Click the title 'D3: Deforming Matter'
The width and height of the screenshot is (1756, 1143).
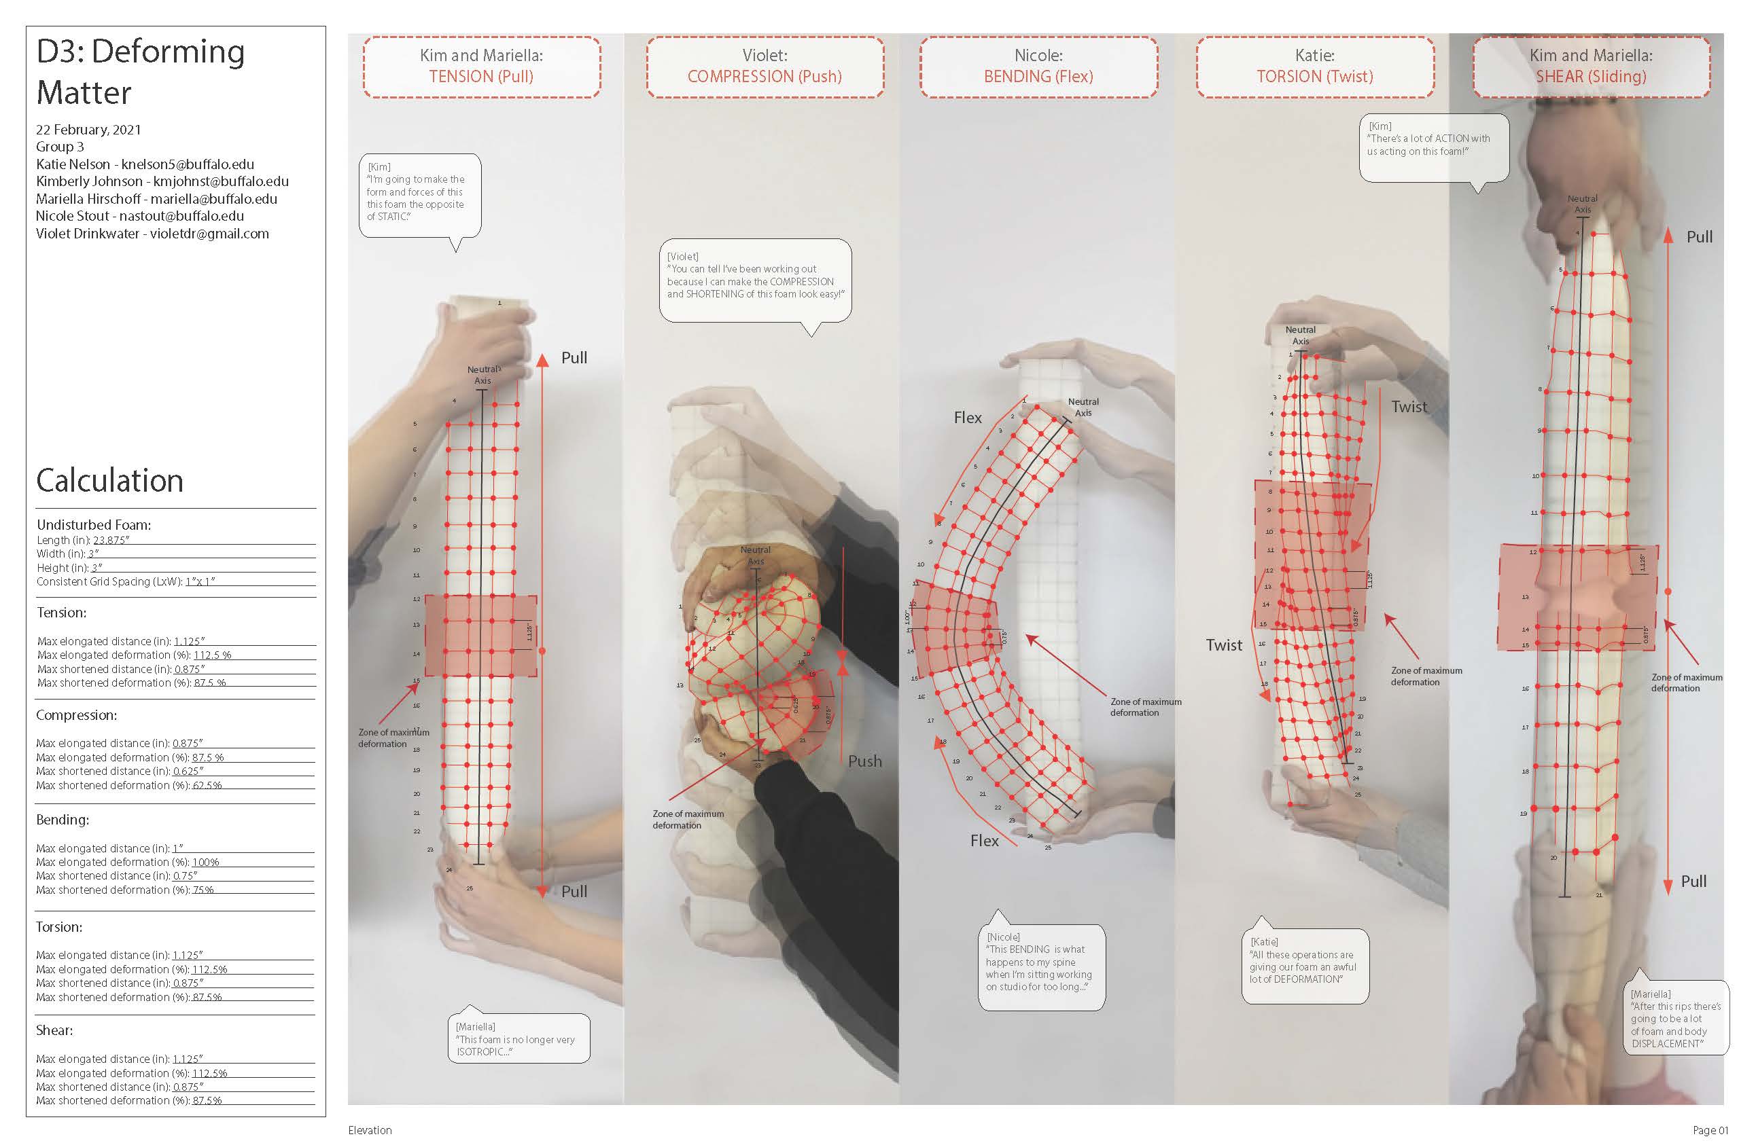pos(140,71)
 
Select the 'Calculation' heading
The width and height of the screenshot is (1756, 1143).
pos(110,481)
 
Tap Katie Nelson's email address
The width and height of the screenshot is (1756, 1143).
pos(188,164)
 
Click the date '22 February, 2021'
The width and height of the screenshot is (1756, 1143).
pos(88,130)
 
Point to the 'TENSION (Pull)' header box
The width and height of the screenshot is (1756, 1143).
pos(481,67)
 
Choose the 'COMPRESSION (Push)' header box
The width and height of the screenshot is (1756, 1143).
pos(765,67)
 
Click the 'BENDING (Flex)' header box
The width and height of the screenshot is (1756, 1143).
pos(1038,67)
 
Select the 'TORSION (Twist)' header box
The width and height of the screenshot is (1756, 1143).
pos(1315,67)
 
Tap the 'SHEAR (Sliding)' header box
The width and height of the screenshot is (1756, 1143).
pos(1591,67)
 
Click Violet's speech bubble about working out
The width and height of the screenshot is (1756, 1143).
pos(755,280)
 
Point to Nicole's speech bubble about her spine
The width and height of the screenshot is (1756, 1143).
pos(1040,966)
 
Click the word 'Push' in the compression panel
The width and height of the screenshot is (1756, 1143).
pos(864,761)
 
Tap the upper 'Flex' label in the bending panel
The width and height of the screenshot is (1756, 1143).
pos(967,418)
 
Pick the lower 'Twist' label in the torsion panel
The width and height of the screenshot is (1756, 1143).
pos(1224,645)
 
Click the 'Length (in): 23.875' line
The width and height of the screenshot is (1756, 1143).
pos(84,540)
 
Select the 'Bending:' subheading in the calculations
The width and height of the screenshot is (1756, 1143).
pos(63,819)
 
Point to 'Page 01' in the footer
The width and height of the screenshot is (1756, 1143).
pos(1710,1129)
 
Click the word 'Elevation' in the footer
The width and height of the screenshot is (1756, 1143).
pos(370,1129)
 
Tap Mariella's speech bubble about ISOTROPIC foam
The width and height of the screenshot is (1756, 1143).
pos(518,1038)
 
